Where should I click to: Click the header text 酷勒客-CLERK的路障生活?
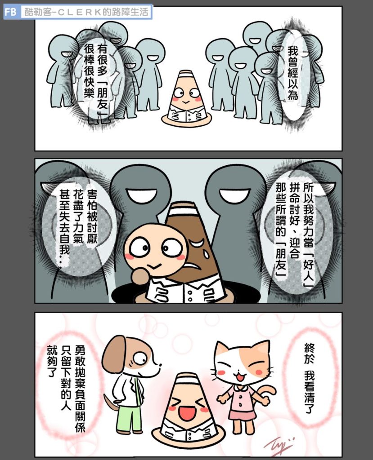86,13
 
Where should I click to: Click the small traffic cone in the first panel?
186,98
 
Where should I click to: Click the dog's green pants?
130,418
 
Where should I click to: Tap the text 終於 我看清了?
309,378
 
